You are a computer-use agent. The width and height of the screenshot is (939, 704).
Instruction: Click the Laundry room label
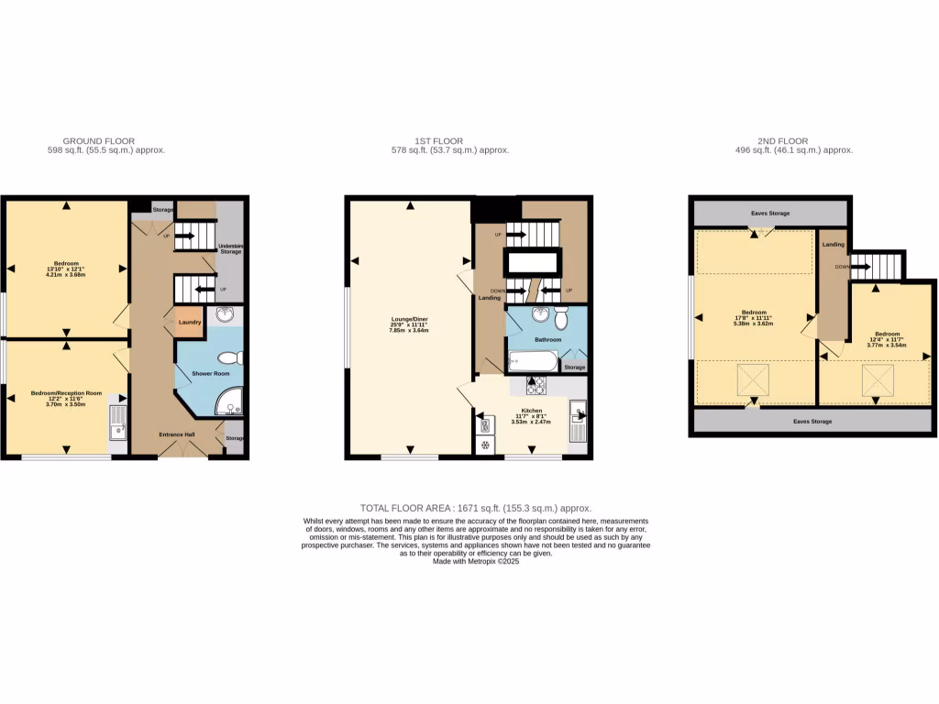point(190,322)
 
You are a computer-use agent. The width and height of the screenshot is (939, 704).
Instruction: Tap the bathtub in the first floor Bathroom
point(529,361)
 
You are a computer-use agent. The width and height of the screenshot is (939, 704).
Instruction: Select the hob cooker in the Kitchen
point(535,386)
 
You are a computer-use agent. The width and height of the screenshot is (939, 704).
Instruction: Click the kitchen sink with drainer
point(578,428)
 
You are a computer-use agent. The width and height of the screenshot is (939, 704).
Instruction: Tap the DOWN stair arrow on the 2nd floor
point(859,267)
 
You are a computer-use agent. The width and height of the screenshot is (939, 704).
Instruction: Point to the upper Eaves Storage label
point(770,213)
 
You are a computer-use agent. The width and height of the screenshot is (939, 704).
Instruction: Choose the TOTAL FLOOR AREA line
point(475,508)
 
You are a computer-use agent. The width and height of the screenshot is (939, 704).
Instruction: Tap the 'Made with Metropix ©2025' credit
point(476,562)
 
